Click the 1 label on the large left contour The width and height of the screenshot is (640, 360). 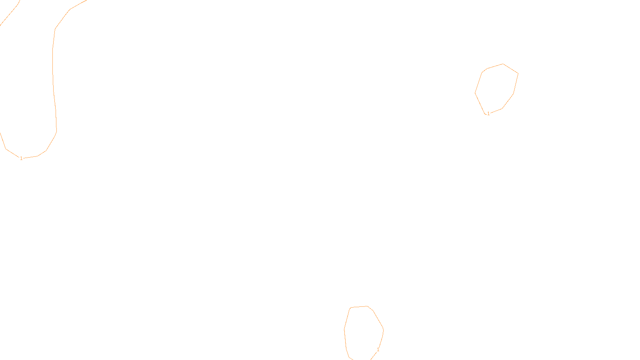click(x=21, y=158)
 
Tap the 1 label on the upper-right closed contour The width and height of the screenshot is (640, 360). click(x=488, y=114)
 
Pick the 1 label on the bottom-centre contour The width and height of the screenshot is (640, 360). click(x=378, y=350)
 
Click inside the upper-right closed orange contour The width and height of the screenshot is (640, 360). click(x=496, y=89)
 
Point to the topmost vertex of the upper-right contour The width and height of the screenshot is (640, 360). click(x=503, y=64)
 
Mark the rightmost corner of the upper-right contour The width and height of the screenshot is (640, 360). click(x=518, y=74)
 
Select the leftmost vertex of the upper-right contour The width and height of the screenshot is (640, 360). click(x=475, y=93)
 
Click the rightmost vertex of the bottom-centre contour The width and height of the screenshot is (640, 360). click(x=383, y=330)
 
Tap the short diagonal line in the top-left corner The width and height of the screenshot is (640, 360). click(x=10, y=13)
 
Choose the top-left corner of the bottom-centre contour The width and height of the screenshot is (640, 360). click(x=351, y=308)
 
